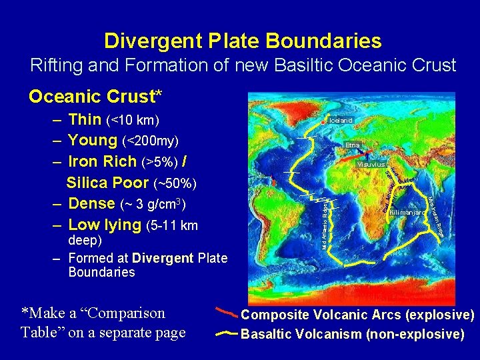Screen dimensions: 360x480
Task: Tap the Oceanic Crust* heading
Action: [95, 97]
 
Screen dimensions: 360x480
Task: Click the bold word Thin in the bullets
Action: [85, 120]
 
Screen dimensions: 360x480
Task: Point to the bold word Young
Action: [93, 141]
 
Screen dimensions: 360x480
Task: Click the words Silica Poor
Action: [108, 183]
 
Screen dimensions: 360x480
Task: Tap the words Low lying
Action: [105, 225]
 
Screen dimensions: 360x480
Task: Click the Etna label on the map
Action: [353, 145]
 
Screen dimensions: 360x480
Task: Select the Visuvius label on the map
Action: [370, 164]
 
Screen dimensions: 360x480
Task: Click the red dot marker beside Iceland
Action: [323, 123]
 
